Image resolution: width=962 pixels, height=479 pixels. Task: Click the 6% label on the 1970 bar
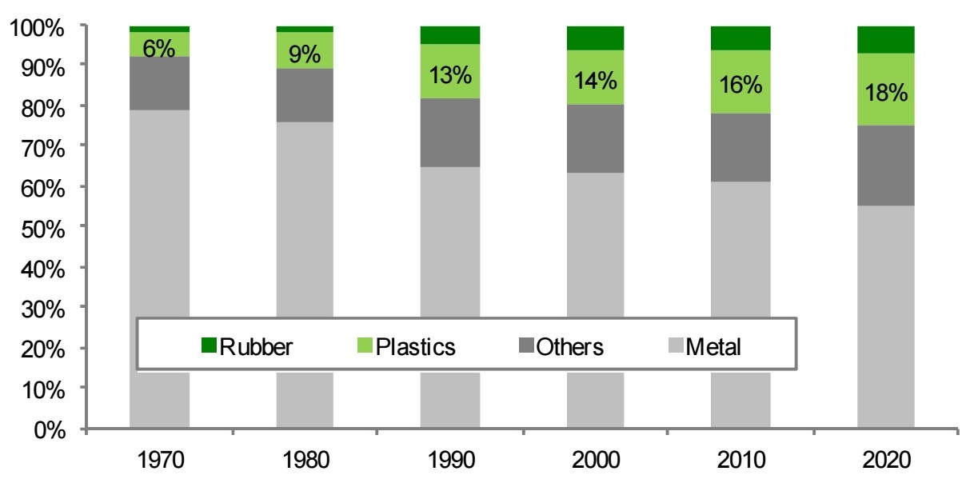click(159, 49)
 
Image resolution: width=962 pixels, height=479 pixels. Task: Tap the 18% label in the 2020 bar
click(886, 93)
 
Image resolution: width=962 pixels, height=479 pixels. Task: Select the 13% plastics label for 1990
click(450, 76)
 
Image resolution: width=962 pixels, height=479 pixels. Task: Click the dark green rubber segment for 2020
click(886, 39)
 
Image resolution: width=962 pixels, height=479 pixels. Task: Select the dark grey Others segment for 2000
click(596, 138)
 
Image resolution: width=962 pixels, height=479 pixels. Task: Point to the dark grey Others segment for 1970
click(159, 83)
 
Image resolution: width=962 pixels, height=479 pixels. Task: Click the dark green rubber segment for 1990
click(450, 34)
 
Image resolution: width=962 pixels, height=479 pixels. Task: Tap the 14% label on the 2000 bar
click(596, 80)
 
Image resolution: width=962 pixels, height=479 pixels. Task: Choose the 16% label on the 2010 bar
click(741, 84)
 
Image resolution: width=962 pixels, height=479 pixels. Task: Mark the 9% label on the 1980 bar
click(305, 54)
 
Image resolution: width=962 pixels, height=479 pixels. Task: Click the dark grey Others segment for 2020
click(886, 165)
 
